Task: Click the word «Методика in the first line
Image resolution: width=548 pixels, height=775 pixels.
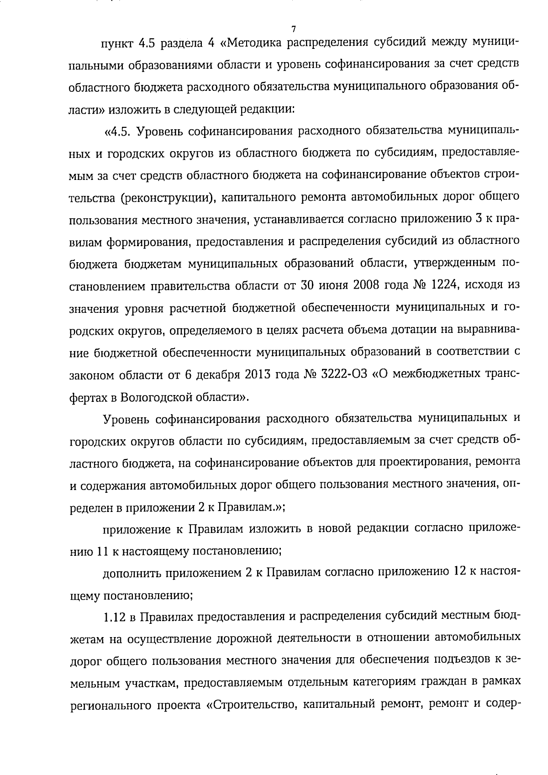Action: coord(253,43)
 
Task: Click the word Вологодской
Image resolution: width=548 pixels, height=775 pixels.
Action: coord(162,396)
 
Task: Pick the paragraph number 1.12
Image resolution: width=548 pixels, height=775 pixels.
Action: coord(114,617)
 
